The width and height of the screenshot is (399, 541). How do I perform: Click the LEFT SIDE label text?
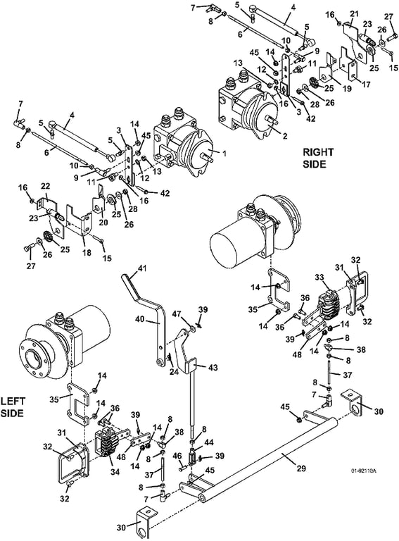click(13, 407)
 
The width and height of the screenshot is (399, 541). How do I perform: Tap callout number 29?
click(300, 468)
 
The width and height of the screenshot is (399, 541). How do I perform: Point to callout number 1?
click(224, 153)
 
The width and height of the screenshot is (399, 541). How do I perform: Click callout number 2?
click(285, 136)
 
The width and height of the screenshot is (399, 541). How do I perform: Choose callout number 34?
click(115, 472)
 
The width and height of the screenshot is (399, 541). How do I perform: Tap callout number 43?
click(213, 368)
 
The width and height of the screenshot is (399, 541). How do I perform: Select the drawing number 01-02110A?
click(363, 471)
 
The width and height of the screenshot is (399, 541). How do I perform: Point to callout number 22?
click(46, 186)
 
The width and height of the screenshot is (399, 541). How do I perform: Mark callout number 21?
click(355, 14)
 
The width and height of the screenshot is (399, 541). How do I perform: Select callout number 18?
click(87, 253)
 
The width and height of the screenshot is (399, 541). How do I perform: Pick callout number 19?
click(347, 88)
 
